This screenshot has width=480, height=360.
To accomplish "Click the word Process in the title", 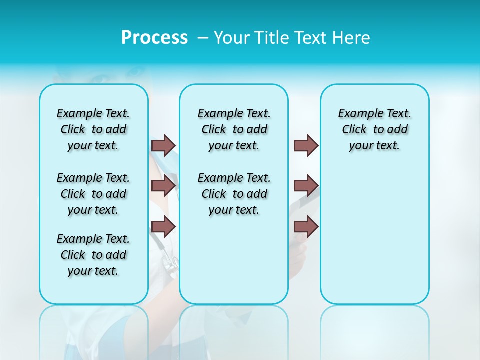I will (x=154, y=38).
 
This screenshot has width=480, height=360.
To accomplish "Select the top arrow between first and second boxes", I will (x=163, y=145).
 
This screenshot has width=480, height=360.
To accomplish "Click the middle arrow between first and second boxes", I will (x=163, y=186).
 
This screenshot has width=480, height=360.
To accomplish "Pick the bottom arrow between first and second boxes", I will (x=163, y=226).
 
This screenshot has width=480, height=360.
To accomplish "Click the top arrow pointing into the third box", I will (x=306, y=145).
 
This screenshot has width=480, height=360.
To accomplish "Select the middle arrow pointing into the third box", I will (x=306, y=186).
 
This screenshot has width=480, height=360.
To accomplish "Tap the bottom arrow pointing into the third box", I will (x=306, y=226).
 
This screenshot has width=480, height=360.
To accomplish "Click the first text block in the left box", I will (x=93, y=129).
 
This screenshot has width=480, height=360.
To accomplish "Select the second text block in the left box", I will (x=93, y=194).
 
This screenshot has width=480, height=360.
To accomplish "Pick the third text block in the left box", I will (x=93, y=255).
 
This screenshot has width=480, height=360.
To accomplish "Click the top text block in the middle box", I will (x=234, y=129).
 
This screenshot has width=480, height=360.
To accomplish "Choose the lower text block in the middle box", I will (x=234, y=194).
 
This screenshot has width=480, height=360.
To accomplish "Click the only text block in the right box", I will (x=374, y=129).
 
